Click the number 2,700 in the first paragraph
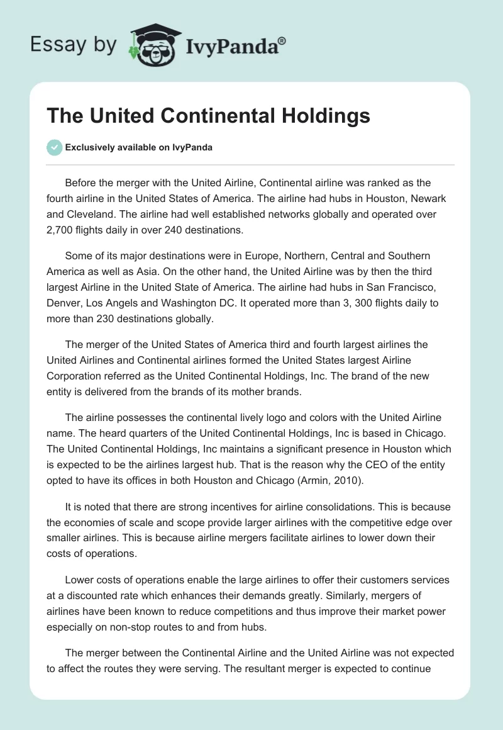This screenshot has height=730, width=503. pos(62,230)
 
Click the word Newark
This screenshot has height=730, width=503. pos(409,199)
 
